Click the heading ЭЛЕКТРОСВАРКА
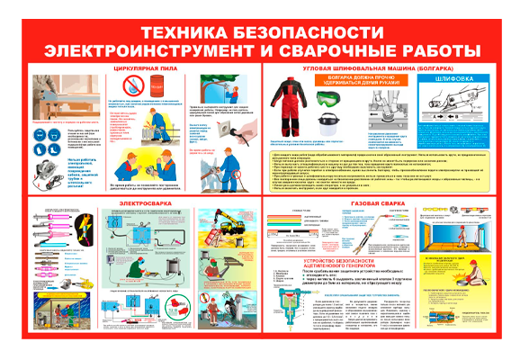139,203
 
